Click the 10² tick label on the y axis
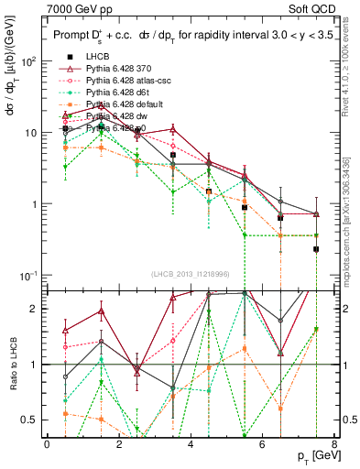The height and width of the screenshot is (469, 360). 28,61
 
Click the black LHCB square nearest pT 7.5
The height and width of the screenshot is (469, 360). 316,249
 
